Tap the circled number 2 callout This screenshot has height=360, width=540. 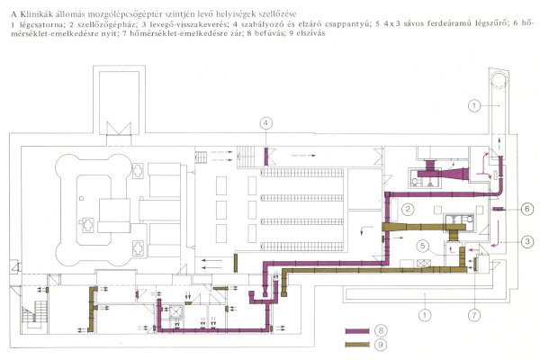pos(407,211)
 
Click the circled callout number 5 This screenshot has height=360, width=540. pos(422,245)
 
